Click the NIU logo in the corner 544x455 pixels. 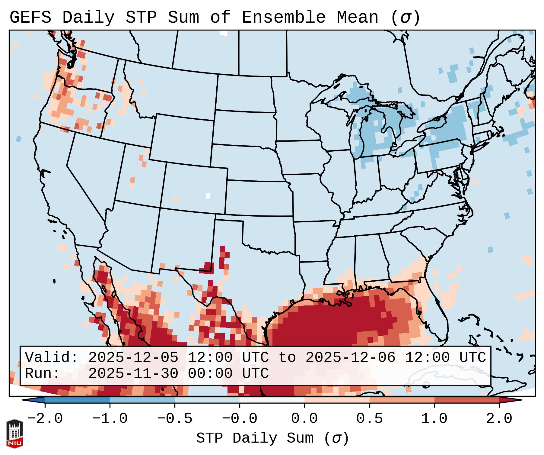click(x=14, y=433)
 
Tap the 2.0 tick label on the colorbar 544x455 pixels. click(x=499, y=419)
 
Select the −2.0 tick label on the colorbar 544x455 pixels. click(x=45, y=419)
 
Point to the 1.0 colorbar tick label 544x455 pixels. click(x=434, y=419)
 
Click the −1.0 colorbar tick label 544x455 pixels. click(x=110, y=419)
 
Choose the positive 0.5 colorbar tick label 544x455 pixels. click(x=369, y=419)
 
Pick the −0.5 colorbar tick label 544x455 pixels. click(x=175, y=419)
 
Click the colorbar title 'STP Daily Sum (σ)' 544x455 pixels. click(x=272, y=438)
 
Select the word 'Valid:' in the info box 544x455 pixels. click(x=51, y=357)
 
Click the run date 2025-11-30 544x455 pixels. click(x=133, y=373)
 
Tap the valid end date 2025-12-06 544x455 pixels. click(x=350, y=357)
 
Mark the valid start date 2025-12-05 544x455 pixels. click(x=133, y=357)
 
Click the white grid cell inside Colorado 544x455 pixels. click(x=208, y=195)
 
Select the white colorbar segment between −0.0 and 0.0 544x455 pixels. click(x=272, y=400)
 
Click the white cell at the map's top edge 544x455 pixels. click(x=224, y=33)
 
